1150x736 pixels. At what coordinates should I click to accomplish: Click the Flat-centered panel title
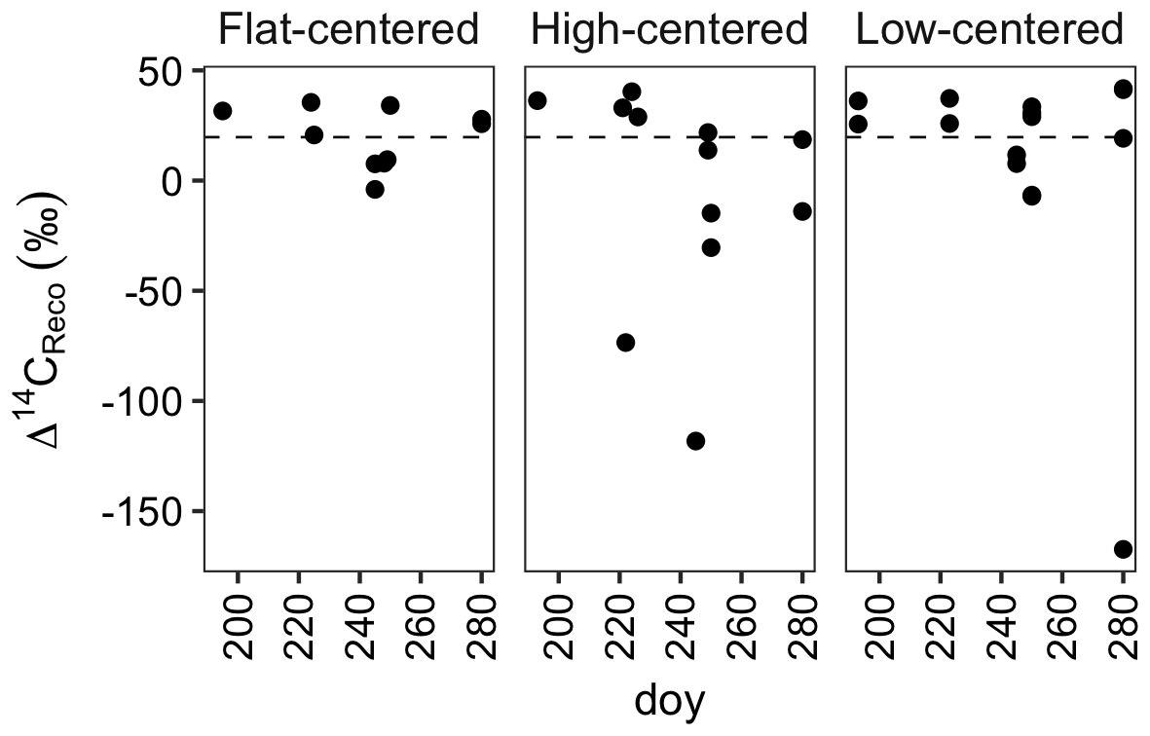click(349, 31)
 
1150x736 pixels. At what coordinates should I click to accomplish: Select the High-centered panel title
click(670, 31)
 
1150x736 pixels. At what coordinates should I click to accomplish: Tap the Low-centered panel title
click(989, 31)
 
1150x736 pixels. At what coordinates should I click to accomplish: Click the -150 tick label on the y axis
click(149, 511)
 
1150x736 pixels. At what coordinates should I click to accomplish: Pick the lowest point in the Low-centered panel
click(1123, 549)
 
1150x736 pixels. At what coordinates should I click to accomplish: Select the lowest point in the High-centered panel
click(695, 441)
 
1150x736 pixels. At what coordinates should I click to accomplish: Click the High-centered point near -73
click(625, 342)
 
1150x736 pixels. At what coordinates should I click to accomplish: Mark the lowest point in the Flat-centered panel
click(375, 190)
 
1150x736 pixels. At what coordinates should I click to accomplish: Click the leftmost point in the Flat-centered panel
click(222, 111)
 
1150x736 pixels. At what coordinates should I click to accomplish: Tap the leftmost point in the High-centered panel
click(538, 100)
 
